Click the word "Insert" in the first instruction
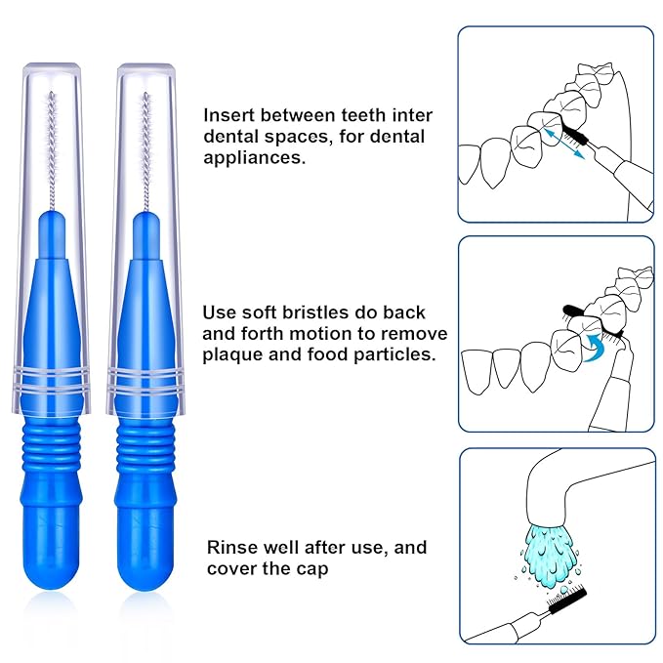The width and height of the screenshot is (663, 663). pos(228,115)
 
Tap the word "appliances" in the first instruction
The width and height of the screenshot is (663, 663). pos(253,156)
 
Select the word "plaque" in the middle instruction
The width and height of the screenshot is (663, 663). pos(231,354)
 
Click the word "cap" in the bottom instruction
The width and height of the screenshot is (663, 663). pos(336,567)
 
